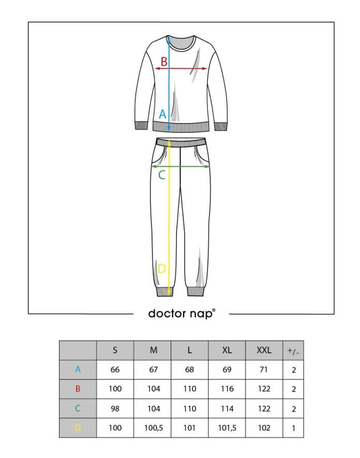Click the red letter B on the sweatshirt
click(x=164, y=62)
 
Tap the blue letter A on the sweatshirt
click(x=162, y=114)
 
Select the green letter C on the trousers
click(x=161, y=175)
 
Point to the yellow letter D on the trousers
click(x=161, y=268)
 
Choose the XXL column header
click(x=264, y=350)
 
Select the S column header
click(x=115, y=350)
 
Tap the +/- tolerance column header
click(x=293, y=351)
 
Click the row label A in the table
click(x=78, y=369)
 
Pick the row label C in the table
click(x=78, y=408)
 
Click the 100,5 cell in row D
click(x=154, y=428)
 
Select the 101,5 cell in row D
click(x=227, y=428)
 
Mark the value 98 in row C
click(x=115, y=408)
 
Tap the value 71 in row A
click(x=264, y=370)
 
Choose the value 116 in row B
click(x=227, y=389)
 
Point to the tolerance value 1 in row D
click(x=293, y=428)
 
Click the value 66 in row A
click(x=115, y=370)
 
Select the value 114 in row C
click(x=227, y=408)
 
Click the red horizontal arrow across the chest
click(x=181, y=69)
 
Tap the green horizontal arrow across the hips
click(x=181, y=166)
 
